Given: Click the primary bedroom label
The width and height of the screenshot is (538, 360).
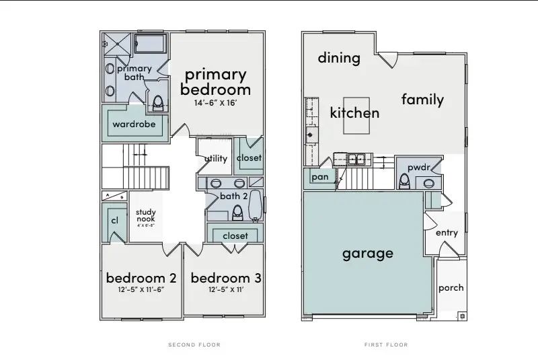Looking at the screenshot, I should [215, 81].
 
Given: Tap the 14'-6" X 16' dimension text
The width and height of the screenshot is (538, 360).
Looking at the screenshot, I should [215, 104].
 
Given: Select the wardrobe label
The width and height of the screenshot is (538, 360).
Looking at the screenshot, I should [134, 124].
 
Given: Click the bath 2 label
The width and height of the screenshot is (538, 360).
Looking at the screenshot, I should [233, 196].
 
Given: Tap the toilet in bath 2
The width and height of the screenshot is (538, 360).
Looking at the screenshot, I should [237, 213].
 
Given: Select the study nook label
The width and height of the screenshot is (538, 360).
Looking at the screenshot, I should [146, 216].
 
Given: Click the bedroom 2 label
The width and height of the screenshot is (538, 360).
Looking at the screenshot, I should [141, 278].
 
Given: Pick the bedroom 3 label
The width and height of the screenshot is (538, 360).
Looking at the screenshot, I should [226, 278].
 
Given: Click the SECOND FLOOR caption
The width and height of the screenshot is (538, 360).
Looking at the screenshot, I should [194, 345].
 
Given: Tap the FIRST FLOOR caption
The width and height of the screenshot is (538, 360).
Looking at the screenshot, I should [386, 345].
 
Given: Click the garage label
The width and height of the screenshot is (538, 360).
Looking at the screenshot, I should [367, 254].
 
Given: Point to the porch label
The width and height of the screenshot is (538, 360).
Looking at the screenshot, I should [451, 287].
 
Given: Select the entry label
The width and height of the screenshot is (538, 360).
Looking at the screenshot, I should [447, 233].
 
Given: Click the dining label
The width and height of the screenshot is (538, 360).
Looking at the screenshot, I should [339, 58].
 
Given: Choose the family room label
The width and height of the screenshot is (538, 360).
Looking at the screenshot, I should [422, 100].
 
